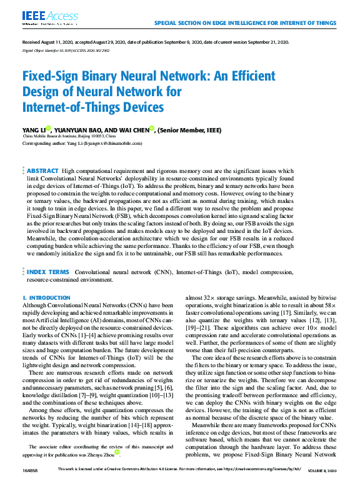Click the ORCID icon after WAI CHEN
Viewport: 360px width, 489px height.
[x=152, y=128]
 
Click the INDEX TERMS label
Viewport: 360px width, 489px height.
[x=47, y=273]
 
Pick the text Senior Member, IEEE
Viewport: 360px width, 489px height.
[x=190, y=130]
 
